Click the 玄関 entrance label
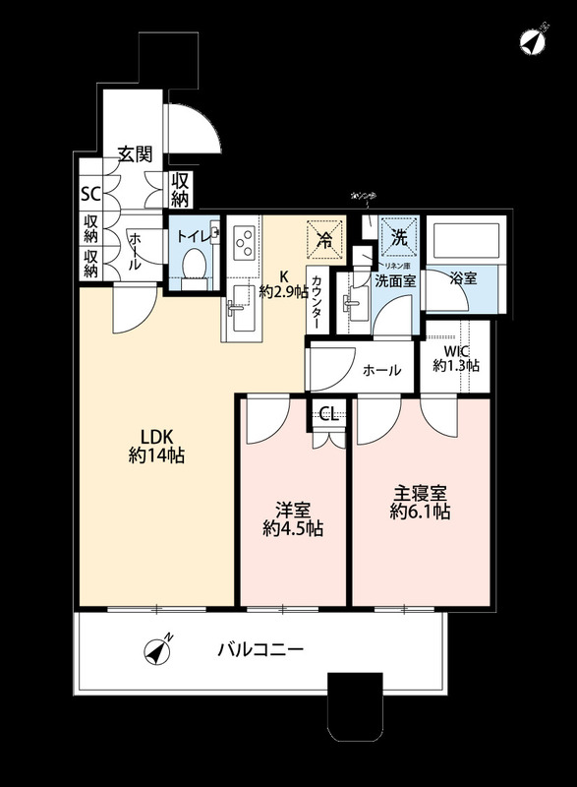[x=135, y=153]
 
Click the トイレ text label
[x=193, y=235]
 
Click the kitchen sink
[x=239, y=314]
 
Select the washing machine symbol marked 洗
[x=399, y=236]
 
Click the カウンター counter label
[x=318, y=299]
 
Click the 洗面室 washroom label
[x=393, y=279]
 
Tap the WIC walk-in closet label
[x=456, y=358]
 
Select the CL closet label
[x=329, y=414]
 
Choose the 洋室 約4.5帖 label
[x=293, y=519]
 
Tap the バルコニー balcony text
[x=260, y=650]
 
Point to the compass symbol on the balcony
[x=157, y=650]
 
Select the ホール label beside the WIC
[x=381, y=371]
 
